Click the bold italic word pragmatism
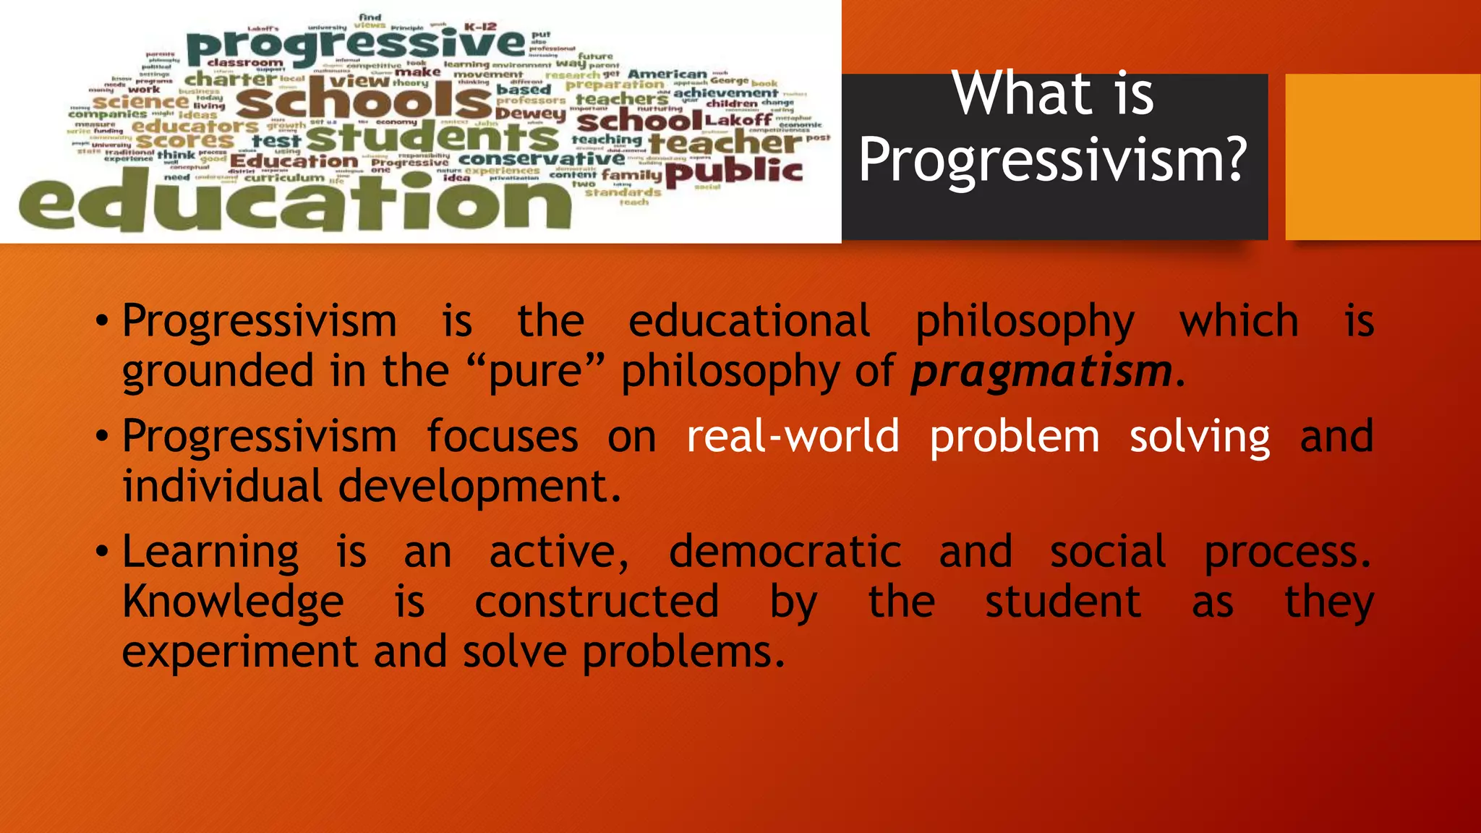pos(1041,372)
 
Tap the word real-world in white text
pos(793,437)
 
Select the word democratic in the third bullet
pos(785,552)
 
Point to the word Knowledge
pos(233,602)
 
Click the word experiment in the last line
pos(239,652)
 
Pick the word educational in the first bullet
pos(749,322)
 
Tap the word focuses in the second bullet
pos(502,437)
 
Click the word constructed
pos(597,602)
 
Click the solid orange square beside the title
pos(1382,157)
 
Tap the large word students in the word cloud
pos(432,137)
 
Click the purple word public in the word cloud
pos(733,171)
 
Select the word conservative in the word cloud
pos(542,158)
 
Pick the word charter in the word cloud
pos(231,79)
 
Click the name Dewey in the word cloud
pos(532,114)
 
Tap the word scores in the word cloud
pos(186,140)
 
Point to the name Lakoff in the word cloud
pos(738,120)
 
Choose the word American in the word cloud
pos(667,74)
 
